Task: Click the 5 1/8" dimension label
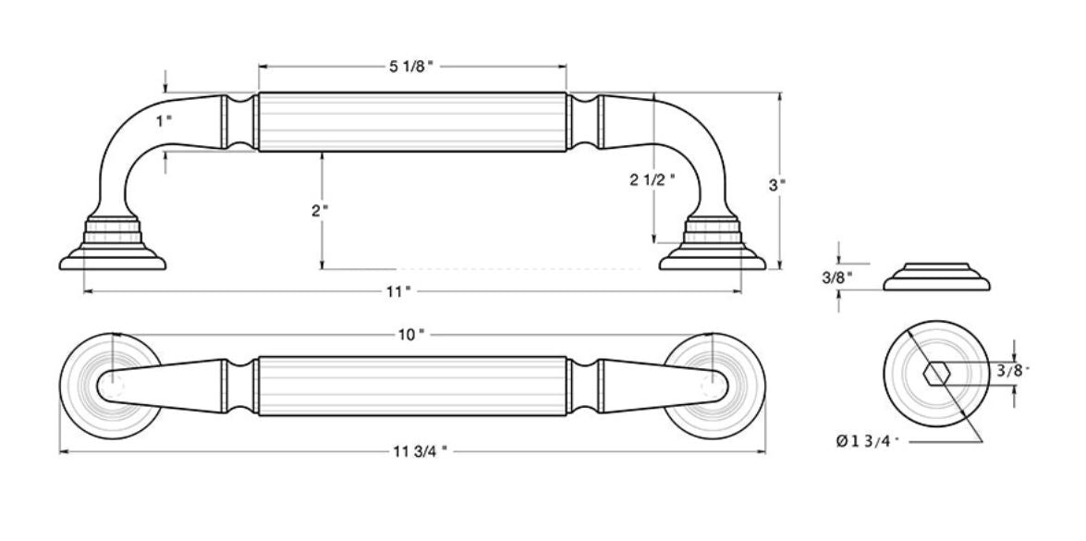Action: [x=411, y=67]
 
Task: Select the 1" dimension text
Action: [x=164, y=120]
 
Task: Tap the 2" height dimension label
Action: [x=320, y=210]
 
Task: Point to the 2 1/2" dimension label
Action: [x=653, y=179]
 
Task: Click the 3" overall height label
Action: [x=777, y=184]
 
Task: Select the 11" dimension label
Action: [x=398, y=291]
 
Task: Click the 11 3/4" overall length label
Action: [x=415, y=451]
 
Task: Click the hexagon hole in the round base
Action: [x=937, y=375]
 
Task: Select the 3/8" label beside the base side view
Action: [x=836, y=276]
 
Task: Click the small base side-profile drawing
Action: [x=936, y=277]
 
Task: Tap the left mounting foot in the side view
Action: [x=113, y=247]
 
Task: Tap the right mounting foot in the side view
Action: [x=713, y=247]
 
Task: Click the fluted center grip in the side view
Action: [x=411, y=121]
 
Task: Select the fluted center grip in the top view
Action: [x=411, y=386]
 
